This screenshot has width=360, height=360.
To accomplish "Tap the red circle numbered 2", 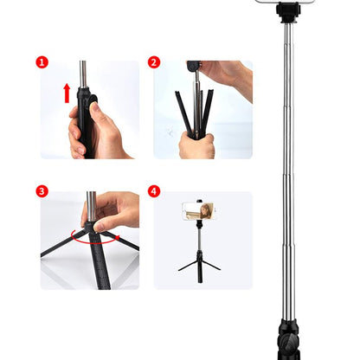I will pos(154,63).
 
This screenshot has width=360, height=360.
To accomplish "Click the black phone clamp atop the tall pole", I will pos(289,10).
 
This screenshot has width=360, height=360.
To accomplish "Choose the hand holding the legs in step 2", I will pos(196,143).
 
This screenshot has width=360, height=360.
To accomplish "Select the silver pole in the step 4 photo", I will pos(200,237).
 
